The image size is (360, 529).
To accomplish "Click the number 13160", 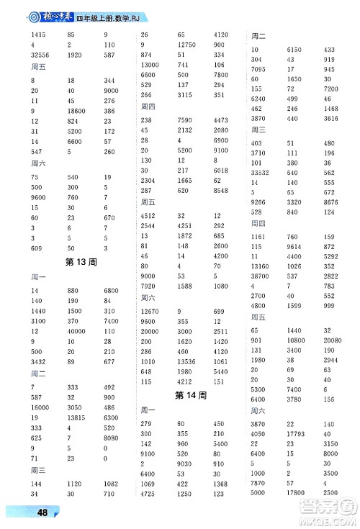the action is pos(261,266).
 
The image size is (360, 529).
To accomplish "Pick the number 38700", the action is pos(261,276).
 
